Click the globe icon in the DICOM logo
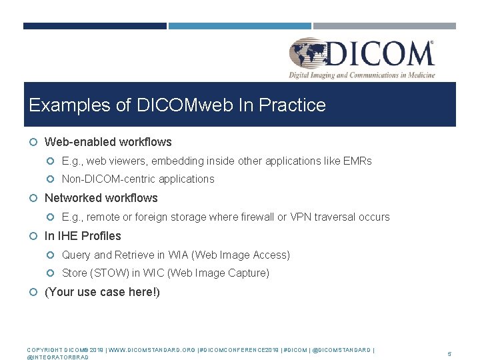click(x=308, y=53)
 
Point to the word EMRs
click(x=358, y=161)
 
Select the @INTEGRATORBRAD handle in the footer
click(x=57, y=357)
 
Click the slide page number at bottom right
click(x=449, y=354)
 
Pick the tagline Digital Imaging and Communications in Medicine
click(x=361, y=75)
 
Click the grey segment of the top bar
click(x=385, y=26)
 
